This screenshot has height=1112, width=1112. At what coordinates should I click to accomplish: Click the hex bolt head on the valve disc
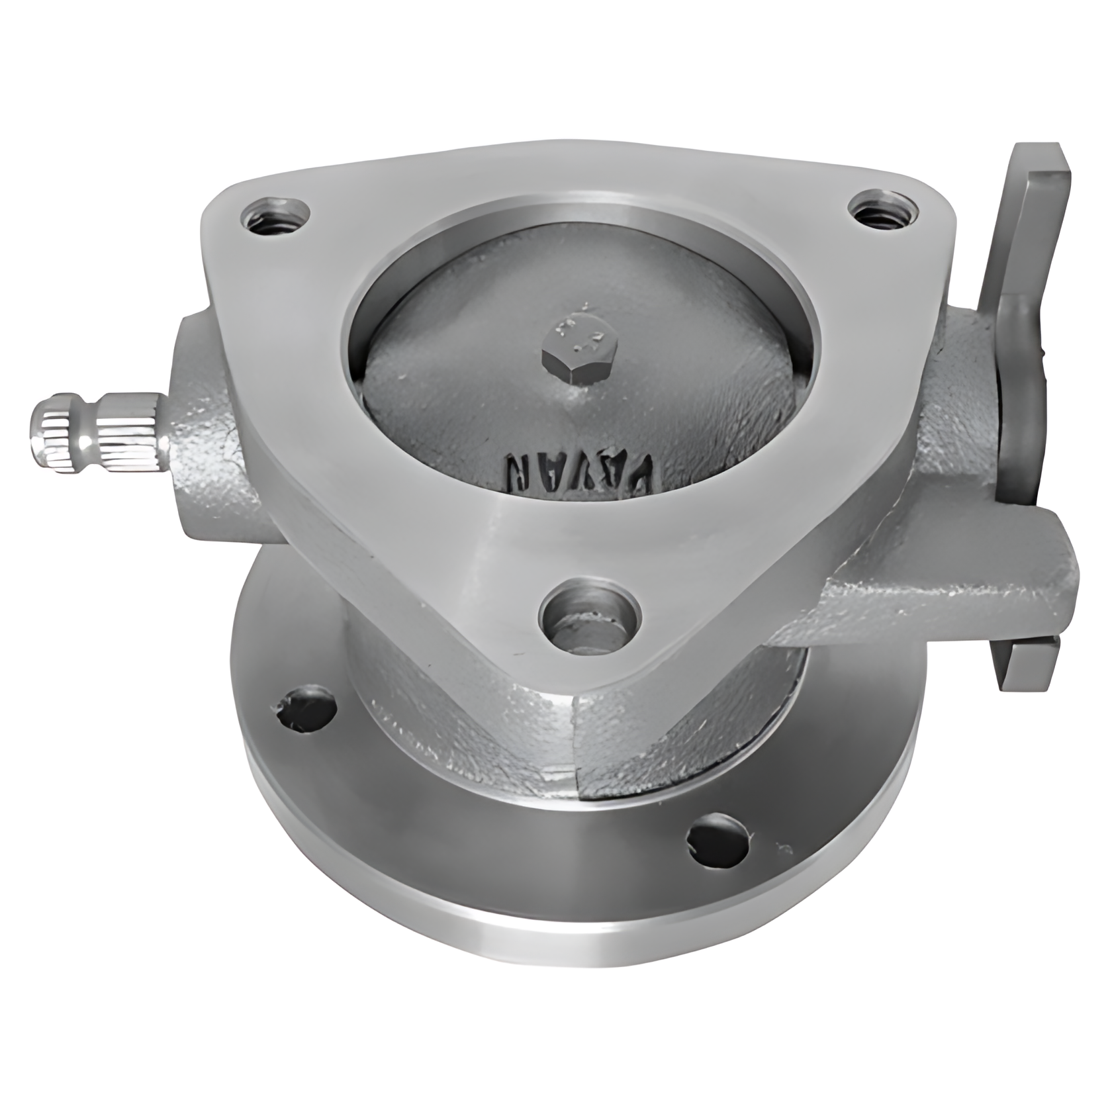click(x=580, y=359)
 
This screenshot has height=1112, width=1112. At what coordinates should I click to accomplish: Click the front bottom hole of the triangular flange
click(x=590, y=614)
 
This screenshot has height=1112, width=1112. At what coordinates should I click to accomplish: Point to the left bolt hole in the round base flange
click(x=306, y=710)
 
